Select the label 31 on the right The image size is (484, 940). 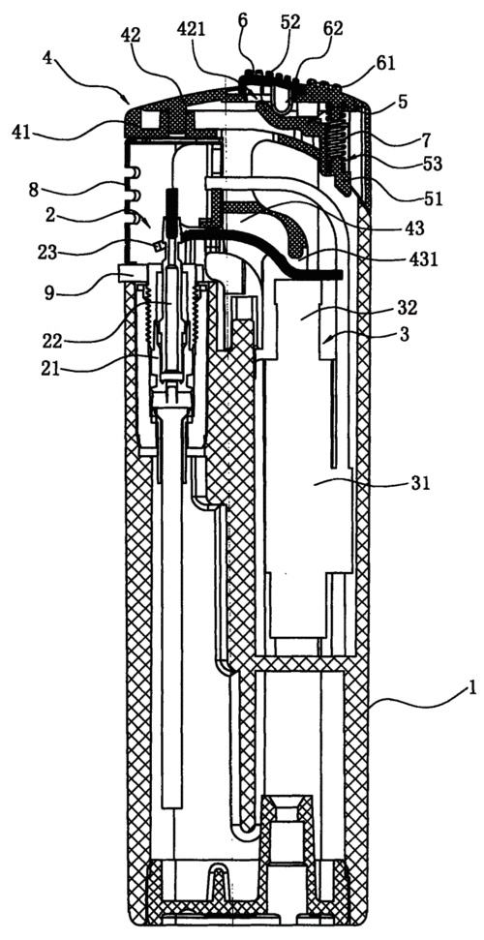point(421,483)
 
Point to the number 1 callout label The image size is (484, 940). point(472,687)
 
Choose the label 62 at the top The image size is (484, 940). point(333,30)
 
